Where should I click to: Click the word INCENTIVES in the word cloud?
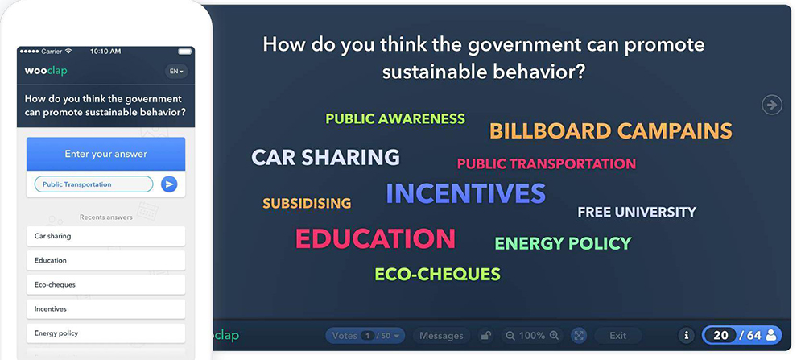(x=465, y=193)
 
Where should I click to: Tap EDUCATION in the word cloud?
(x=376, y=238)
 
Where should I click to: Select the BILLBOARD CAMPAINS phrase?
(x=611, y=131)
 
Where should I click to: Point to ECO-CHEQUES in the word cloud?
(x=437, y=275)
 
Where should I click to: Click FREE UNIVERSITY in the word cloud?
(x=637, y=212)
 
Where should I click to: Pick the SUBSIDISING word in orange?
(x=307, y=204)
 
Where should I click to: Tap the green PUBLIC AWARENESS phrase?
(x=395, y=119)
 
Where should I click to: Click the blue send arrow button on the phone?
(x=169, y=184)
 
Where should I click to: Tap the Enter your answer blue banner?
(x=105, y=154)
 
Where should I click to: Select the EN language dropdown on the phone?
(x=176, y=72)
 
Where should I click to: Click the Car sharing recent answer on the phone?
(x=105, y=236)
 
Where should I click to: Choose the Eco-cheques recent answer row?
(x=105, y=284)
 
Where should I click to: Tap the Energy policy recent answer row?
(x=105, y=333)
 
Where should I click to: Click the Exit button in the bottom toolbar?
(x=617, y=336)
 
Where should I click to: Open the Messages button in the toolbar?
(x=441, y=336)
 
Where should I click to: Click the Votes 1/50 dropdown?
(x=365, y=336)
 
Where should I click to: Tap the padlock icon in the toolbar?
(x=485, y=336)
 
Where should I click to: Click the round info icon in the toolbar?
(x=687, y=336)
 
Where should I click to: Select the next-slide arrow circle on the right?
(x=771, y=105)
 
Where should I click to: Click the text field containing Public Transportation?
(x=93, y=184)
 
